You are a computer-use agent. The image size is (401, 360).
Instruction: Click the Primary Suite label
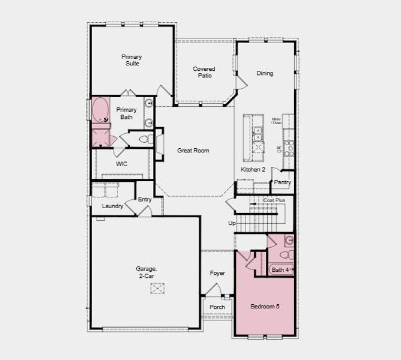(x=131, y=60)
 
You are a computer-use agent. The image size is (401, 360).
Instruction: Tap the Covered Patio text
(x=204, y=73)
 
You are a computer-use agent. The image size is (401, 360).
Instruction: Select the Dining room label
(x=265, y=73)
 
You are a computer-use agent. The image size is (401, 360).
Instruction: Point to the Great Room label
(x=193, y=151)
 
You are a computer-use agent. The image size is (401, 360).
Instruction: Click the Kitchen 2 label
(x=253, y=170)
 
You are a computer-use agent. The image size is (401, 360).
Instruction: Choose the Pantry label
(x=282, y=182)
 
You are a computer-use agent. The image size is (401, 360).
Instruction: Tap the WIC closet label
(x=122, y=164)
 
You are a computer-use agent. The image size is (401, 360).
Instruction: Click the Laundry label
(x=113, y=206)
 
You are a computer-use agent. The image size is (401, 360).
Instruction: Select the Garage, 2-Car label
(x=146, y=273)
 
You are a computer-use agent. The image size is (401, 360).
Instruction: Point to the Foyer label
(x=217, y=273)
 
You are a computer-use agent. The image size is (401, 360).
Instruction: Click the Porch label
(x=217, y=307)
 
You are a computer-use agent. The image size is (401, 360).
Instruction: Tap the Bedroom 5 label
(x=265, y=307)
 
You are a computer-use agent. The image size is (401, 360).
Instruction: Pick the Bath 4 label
(x=280, y=270)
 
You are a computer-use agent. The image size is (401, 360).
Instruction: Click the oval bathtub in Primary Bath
(x=100, y=111)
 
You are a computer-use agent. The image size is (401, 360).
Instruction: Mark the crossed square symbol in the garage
(x=158, y=289)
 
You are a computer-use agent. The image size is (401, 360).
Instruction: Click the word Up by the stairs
(x=232, y=223)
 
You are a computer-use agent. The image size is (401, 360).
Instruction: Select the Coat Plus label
(x=274, y=200)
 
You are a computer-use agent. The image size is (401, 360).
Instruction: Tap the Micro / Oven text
(x=277, y=120)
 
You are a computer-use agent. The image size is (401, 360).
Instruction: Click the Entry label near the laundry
(x=145, y=199)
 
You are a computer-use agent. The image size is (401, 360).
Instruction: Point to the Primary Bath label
(x=126, y=113)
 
